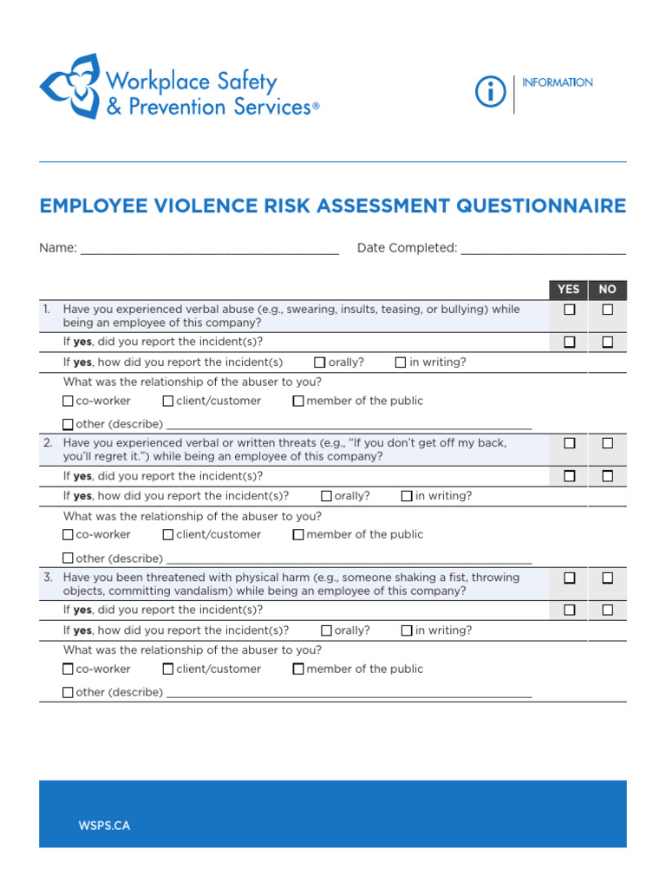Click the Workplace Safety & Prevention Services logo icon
pyautogui.click(x=69, y=86)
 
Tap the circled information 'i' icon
pyautogui.click(x=491, y=91)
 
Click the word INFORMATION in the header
pyautogui.click(x=558, y=82)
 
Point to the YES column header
pyautogui.click(x=569, y=290)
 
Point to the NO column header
pyautogui.click(x=607, y=290)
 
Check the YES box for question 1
pyautogui.click(x=570, y=310)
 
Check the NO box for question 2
pyautogui.click(x=608, y=443)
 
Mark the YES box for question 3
pyautogui.click(x=570, y=578)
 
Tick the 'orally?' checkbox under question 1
pyautogui.click(x=320, y=362)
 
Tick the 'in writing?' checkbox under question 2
pyautogui.click(x=407, y=496)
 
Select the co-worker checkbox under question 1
pyautogui.click(x=69, y=401)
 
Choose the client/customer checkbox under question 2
pyautogui.click(x=168, y=534)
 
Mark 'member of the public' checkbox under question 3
pyautogui.click(x=298, y=669)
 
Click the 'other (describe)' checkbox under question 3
pyautogui.click(x=69, y=692)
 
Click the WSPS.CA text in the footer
pyautogui.click(x=104, y=826)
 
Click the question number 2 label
pyautogui.click(x=49, y=443)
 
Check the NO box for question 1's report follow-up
pyautogui.click(x=608, y=343)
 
